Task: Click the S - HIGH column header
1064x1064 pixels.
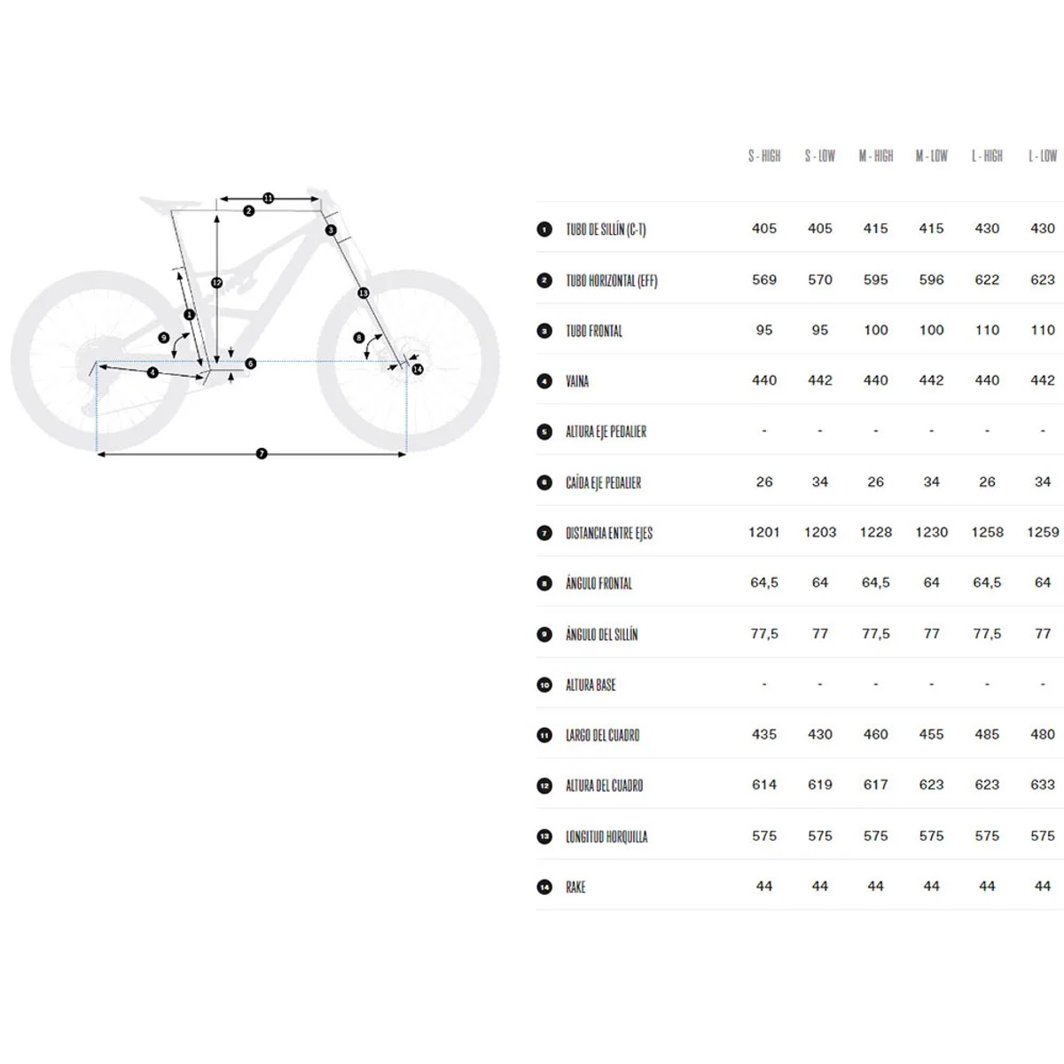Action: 763,156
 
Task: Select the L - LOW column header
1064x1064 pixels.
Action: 1042,156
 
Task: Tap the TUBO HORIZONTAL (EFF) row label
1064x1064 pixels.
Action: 611,280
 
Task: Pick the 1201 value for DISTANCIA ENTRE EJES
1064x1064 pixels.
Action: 763,532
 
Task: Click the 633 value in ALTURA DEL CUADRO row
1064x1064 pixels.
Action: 1042,784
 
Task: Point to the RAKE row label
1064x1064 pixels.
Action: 575,887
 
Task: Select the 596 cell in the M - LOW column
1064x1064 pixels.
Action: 931,279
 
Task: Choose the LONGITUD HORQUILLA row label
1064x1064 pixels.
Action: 606,836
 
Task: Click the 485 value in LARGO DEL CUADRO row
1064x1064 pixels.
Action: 987,734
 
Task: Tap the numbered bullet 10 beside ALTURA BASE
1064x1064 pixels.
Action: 544,685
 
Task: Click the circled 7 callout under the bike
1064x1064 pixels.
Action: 262,453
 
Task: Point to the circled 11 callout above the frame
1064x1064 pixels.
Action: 268,199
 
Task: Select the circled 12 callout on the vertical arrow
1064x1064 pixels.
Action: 217,283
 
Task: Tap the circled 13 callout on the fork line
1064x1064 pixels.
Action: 363,293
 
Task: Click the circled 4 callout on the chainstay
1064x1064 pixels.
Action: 153,372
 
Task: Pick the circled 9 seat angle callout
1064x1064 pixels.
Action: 163,337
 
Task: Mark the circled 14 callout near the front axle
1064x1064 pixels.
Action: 418,369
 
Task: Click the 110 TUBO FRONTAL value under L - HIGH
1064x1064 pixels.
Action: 987,330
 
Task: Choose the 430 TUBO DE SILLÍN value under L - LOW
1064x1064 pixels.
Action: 1042,228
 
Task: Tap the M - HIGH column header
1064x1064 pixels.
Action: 875,156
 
